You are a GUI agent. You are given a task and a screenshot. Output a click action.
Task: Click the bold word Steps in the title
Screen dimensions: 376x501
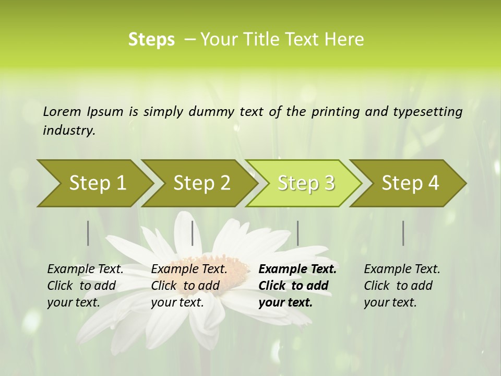(151, 39)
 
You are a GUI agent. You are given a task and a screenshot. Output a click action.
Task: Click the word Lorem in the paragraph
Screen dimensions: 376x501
(62, 111)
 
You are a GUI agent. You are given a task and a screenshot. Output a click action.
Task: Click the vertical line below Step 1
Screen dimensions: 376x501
(88, 233)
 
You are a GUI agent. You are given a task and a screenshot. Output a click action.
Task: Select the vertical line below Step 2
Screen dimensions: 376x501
(193, 233)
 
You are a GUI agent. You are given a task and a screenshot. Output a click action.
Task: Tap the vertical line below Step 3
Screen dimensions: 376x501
(297, 233)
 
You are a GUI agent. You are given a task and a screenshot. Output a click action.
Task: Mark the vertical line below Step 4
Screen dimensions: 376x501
(403, 233)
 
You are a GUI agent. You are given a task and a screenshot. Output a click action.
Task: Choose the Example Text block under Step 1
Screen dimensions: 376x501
(85, 285)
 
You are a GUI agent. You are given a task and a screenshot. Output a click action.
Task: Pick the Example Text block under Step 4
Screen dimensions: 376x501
(402, 285)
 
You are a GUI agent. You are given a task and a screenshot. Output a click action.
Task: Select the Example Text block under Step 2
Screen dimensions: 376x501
(189, 285)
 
